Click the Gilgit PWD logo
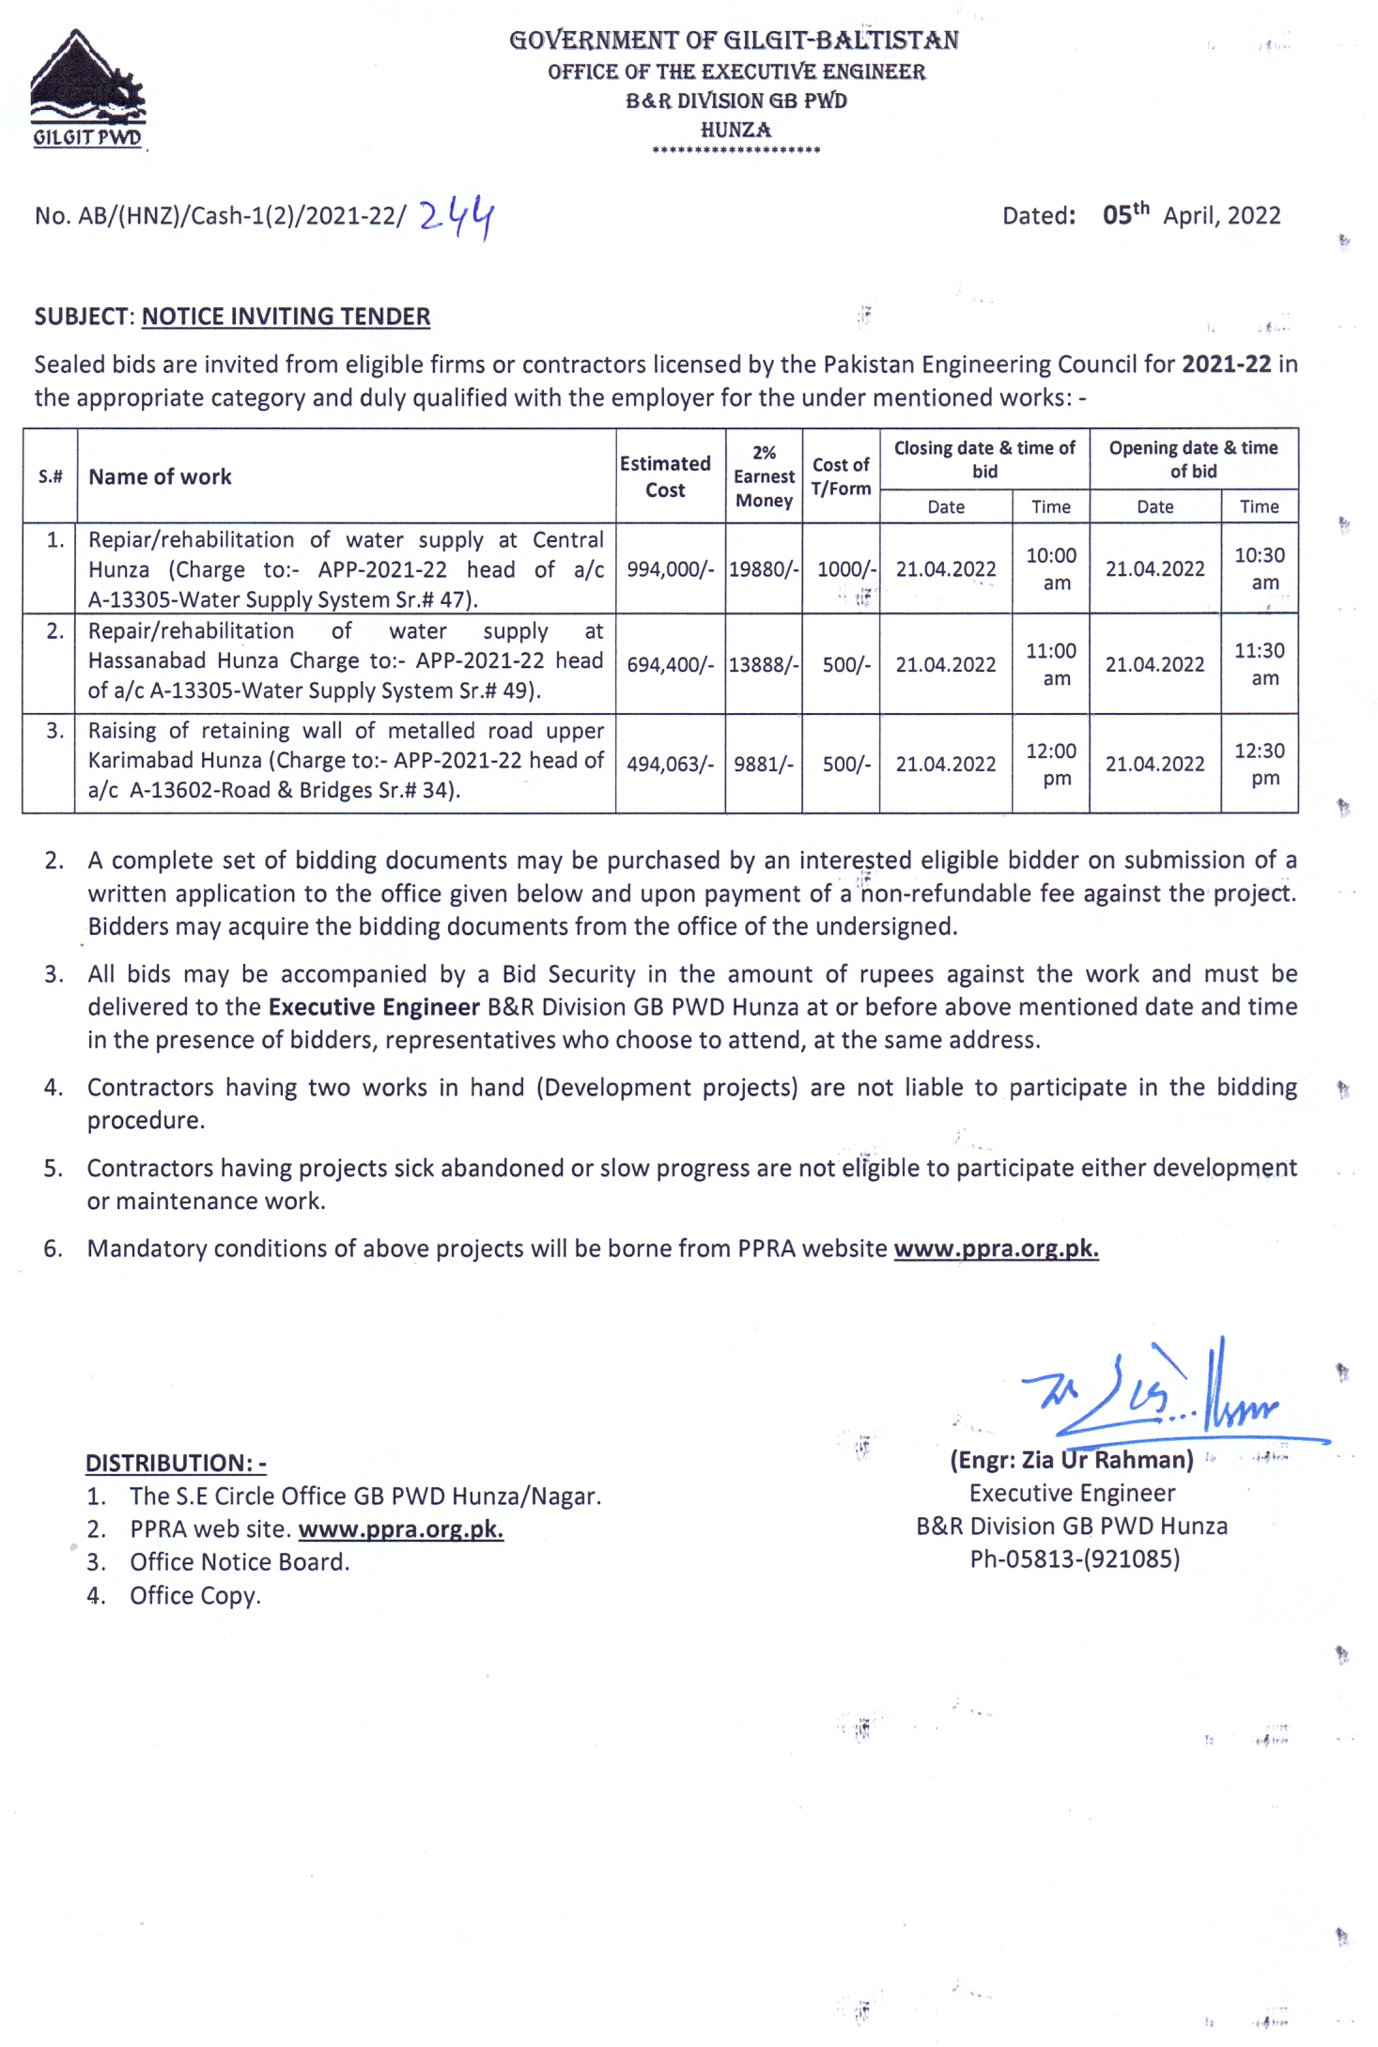click(x=87, y=90)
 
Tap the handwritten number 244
click(x=457, y=218)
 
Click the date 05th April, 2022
click(x=1191, y=215)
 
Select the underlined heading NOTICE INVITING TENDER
click(x=286, y=317)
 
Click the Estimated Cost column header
click(x=665, y=476)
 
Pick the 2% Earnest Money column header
click(x=764, y=476)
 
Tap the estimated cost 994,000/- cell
click(x=670, y=569)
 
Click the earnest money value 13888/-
click(x=764, y=665)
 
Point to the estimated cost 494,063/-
click(x=670, y=765)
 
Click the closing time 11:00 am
click(x=1051, y=664)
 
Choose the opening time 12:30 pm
click(x=1260, y=764)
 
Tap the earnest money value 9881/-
click(x=764, y=765)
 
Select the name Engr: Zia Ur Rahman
click(x=1072, y=1460)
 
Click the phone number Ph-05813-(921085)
click(x=1075, y=1559)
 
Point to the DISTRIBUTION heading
click(x=176, y=1463)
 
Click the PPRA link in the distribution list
click(x=400, y=1529)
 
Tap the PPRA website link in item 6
click(x=996, y=1248)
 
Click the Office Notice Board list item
click(x=240, y=1562)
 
